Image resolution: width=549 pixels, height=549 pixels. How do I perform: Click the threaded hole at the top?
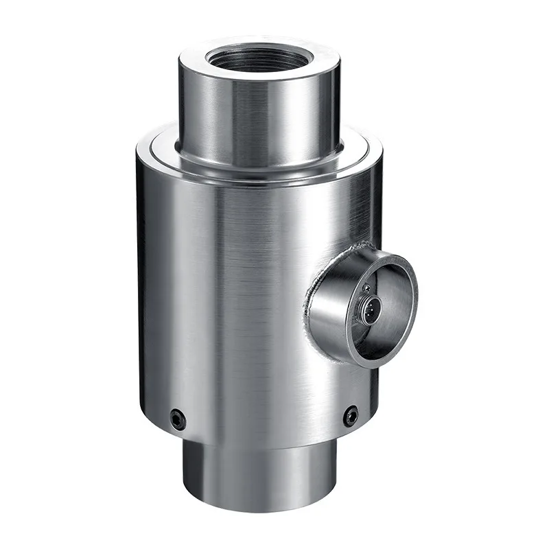259,58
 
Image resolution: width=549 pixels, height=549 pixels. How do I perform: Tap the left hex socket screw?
178,418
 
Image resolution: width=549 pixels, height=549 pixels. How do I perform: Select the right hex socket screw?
351,414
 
